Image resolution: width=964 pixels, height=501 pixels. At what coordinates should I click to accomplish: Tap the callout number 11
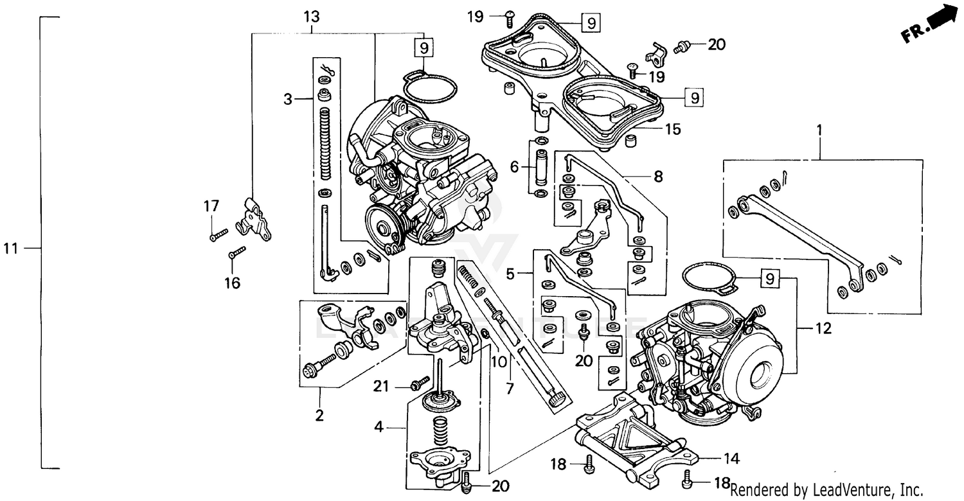point(11,248)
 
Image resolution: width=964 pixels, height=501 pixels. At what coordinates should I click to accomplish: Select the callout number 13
point(312,16)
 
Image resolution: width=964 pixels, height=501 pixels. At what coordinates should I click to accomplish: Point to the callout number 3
point(289,99)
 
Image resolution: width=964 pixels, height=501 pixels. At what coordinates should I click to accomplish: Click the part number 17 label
point(211,206)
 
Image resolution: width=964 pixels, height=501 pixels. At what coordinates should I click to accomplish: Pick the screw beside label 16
point(237,252)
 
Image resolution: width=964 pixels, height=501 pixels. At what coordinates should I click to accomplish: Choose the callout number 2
point(319,415)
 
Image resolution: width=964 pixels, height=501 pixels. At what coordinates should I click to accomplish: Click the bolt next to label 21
point(420,385)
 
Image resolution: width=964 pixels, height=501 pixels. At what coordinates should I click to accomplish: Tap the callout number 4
point(380,425)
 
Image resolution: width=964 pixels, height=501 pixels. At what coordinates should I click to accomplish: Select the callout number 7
point(510,389)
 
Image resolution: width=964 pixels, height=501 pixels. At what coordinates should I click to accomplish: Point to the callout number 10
point(499,362)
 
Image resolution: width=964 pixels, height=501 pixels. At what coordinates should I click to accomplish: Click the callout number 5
point(510,274)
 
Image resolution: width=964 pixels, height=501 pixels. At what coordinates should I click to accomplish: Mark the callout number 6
point(514,167)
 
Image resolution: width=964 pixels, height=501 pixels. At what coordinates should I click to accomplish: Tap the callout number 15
point(672,129)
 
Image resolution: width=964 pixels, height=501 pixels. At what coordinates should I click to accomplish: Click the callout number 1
point(819,130)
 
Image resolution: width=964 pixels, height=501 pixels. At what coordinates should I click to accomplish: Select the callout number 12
point(823,329)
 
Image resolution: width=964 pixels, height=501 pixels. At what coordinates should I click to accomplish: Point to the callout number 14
point(731,459)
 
